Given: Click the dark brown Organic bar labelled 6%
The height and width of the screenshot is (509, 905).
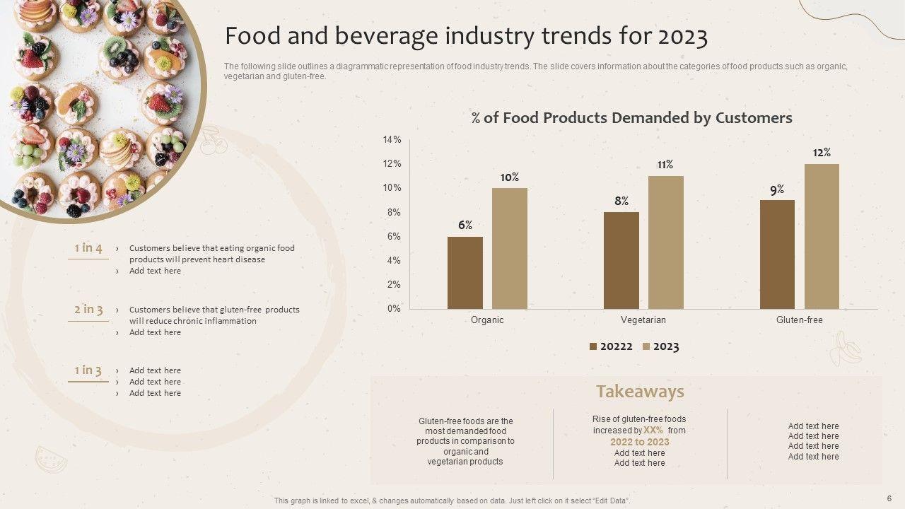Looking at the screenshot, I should pos(465,273).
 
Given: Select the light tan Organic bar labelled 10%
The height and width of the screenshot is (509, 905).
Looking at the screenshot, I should pos(510,248).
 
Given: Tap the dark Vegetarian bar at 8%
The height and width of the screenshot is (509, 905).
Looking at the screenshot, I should pos(621,260).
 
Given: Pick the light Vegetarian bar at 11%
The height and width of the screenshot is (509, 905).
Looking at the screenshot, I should pos(666,242).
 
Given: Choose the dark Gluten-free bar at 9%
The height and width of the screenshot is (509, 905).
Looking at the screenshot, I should pos(777,255).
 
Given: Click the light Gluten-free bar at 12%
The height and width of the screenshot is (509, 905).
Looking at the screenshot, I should pos(822,236).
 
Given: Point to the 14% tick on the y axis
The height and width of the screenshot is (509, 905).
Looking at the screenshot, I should pos(392,140).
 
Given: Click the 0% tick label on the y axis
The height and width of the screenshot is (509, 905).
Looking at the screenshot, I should pos(394,308).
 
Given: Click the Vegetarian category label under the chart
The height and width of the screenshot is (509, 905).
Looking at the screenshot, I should pos(643,320).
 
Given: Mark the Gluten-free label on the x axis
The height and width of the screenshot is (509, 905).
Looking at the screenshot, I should pos(800,320).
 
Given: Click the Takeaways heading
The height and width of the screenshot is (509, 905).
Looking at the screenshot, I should pos(640,392).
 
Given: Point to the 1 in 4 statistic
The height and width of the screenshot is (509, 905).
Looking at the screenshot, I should pos(88,248).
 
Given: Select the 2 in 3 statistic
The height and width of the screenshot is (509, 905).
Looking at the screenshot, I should pos(88,310).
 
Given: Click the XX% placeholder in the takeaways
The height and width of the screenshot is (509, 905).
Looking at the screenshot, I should pos(653,430).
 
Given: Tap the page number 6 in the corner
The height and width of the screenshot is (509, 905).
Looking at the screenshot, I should pos(889,498).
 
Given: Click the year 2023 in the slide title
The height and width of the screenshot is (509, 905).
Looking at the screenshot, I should pos(683,37).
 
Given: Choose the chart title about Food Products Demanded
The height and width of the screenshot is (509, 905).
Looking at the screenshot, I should pos(632,118).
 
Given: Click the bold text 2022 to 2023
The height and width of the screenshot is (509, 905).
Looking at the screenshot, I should pos(640,442).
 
